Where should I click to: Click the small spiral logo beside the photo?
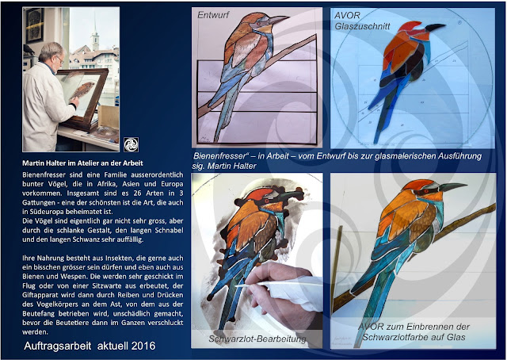click(131, 144)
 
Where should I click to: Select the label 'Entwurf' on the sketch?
click(213, 15)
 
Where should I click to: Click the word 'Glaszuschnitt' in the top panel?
click(362, 26)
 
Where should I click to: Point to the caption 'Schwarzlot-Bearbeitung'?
click(257, 339)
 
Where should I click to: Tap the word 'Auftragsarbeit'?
click(58, 346)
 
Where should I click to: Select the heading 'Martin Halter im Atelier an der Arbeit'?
click(82, 163)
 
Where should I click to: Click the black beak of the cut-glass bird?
click(435, 27)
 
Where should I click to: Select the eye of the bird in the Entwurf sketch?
click(259, 24)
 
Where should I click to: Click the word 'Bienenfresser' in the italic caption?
click(219, 156)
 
